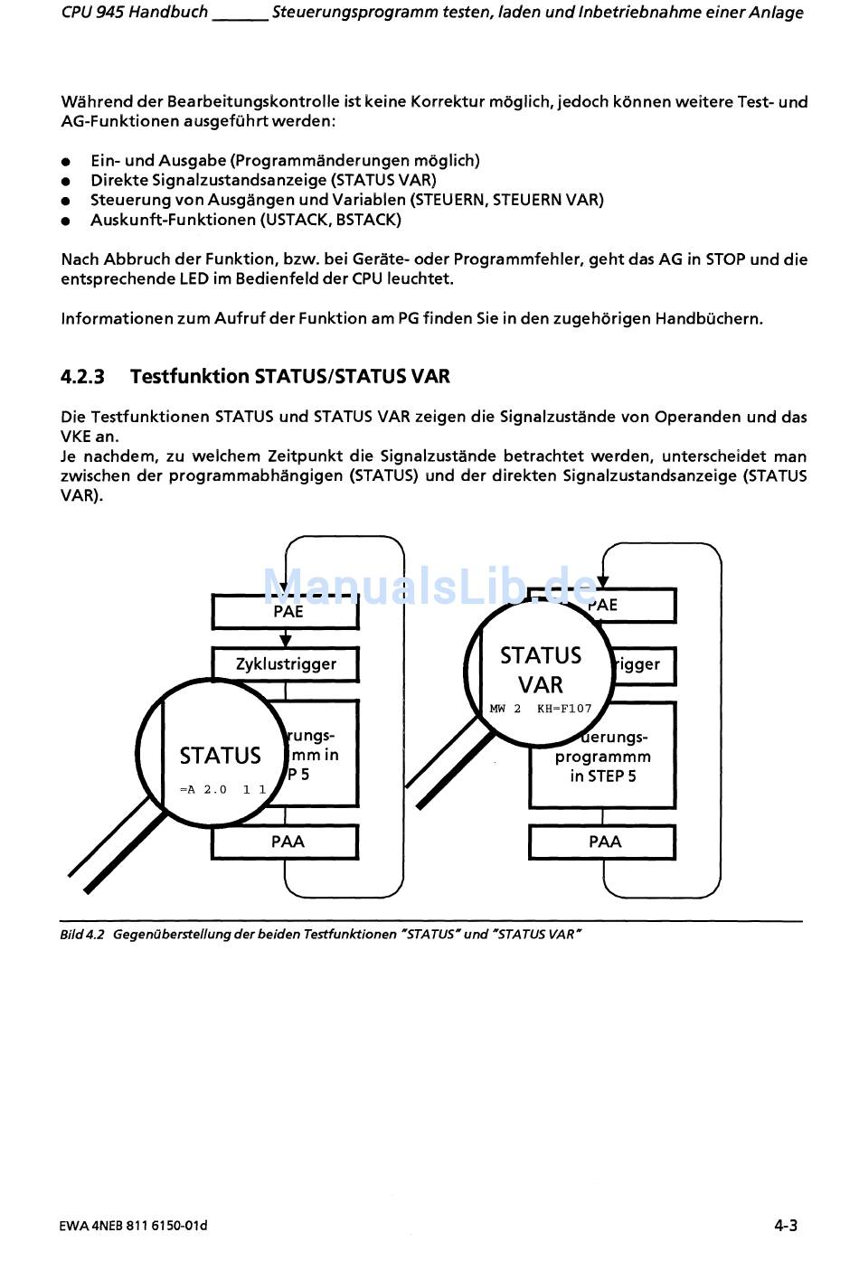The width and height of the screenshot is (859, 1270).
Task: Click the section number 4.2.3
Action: coord(82,377)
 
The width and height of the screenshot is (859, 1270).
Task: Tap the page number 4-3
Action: coord(785,1226)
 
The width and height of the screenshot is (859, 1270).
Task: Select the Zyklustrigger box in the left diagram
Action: coord(286,663)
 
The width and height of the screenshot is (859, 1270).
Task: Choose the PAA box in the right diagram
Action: coord(604,842)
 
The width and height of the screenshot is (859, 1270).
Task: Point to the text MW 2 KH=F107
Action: coord(540,709)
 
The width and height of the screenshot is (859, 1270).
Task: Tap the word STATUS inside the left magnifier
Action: coord(220,756)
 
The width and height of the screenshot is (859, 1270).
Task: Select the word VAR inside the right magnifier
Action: coord(541,684)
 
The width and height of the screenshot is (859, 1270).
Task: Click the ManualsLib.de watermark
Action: coord(429,586)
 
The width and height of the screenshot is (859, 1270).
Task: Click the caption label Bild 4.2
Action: coord(82,935)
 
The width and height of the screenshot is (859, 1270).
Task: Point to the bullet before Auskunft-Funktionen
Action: coord(66,221)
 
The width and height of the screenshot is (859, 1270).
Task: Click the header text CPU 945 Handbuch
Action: coord(134,13)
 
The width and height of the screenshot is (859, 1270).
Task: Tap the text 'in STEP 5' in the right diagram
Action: coord(603,776)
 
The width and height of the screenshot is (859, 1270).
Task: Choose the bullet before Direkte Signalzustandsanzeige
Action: coord(66,182)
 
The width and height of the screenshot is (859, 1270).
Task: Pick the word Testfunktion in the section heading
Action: coord(189,377)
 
